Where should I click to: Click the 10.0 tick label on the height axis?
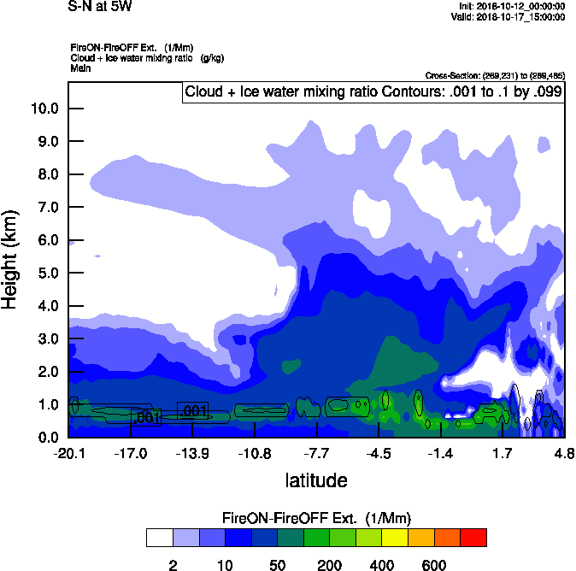tap(44, 109)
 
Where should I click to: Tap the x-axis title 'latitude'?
tap(315, 480)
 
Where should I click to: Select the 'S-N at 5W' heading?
tap(100, 7)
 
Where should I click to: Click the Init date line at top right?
tap(508, 7)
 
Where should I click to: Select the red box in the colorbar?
tap(474, 538)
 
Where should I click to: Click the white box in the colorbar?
tap(159, 538)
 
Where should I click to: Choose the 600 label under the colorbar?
tap(434, 565)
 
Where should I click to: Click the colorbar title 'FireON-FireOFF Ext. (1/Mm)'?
tap(316, 518)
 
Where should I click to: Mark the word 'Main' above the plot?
tap(80, 67)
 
